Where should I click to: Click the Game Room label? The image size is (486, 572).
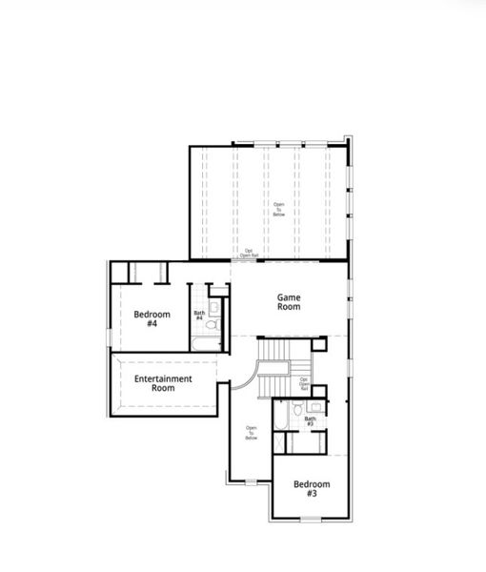point(289,302)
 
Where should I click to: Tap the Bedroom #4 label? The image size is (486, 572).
point(152,318)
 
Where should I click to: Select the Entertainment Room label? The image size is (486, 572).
point(163,383)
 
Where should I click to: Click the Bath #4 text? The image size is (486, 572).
point(199,315)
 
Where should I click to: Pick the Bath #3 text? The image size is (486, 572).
point(311,420)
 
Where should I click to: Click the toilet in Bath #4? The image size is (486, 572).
point(213,325)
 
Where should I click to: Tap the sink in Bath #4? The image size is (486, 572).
point(216,306)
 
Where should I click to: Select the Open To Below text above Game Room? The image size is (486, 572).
point(279,209)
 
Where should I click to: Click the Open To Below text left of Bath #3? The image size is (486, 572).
point(252,433)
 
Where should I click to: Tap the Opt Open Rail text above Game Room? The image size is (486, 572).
point(248,254)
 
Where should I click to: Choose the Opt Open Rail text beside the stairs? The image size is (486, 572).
point(304,383)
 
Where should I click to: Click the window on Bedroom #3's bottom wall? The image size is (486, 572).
point(310,519)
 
